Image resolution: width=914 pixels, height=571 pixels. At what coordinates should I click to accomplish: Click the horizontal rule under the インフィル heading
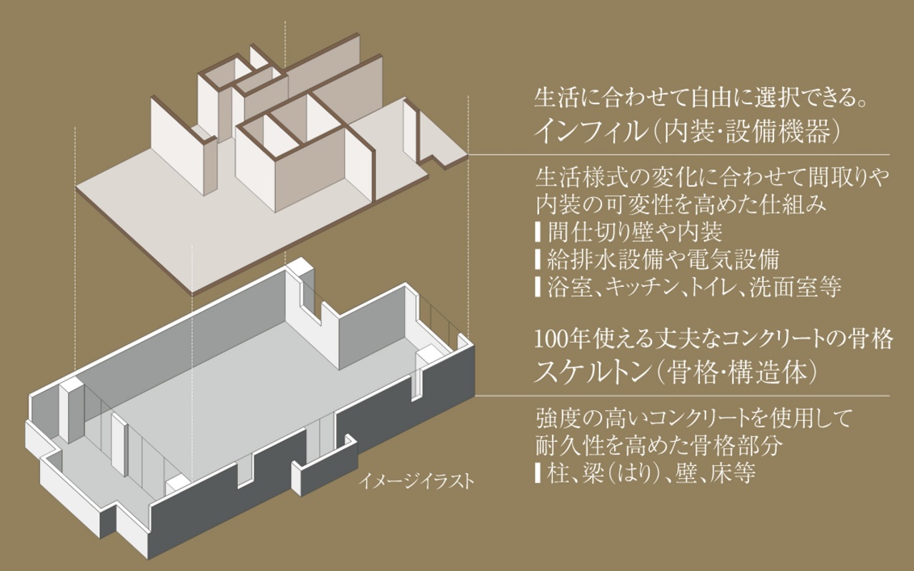678,155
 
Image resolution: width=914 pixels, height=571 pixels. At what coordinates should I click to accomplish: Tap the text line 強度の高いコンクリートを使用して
693,418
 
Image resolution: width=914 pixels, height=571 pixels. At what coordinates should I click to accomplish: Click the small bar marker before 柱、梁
538,473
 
